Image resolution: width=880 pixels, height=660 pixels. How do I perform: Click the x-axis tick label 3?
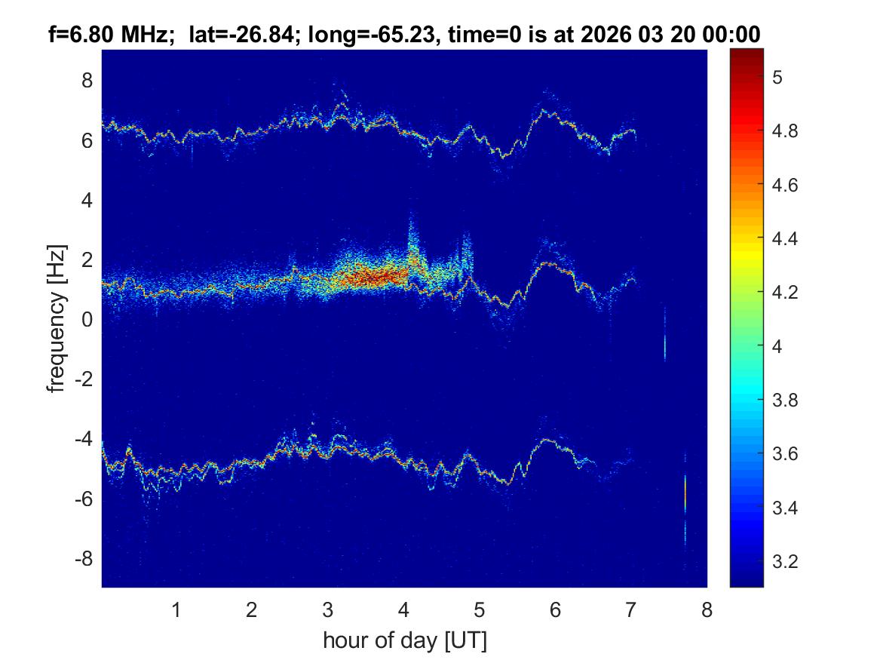327,610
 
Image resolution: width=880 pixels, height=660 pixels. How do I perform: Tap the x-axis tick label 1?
176,610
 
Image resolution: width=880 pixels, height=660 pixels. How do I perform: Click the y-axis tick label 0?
87,320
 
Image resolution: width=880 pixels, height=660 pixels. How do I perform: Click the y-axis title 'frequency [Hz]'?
56,318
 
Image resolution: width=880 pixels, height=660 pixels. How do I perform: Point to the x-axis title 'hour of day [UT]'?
404,641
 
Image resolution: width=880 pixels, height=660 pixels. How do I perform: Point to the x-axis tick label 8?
707,610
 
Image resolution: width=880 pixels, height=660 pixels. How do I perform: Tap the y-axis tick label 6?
87,140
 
